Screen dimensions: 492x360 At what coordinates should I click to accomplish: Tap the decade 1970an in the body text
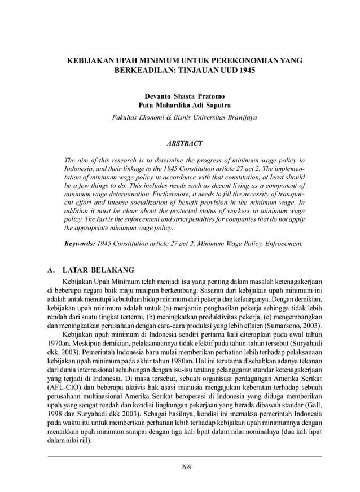(x=59, y=345)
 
